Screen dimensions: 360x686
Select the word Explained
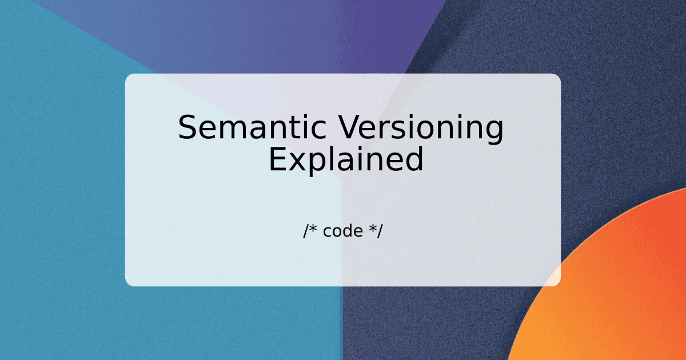click(346, 159)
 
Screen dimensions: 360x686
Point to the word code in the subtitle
click(342, 231)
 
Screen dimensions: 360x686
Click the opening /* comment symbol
click(310, 231)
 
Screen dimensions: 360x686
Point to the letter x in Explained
click(296, 162)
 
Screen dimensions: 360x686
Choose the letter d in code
click(349, 231)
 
